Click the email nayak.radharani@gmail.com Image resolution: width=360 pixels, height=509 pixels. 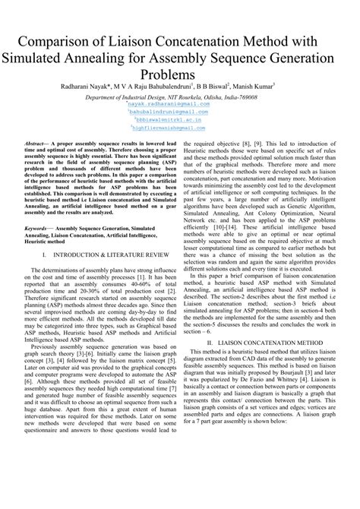point(181,105)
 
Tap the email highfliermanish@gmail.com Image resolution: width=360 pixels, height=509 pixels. point(181,127)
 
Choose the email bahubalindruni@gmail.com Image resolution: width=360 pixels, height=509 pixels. point(180,112)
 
